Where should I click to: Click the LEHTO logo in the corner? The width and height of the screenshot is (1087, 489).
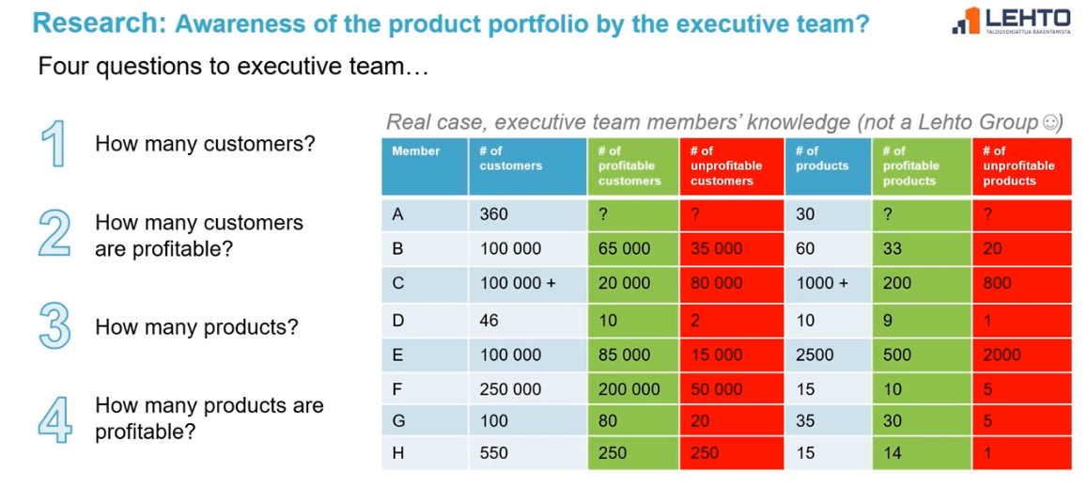click(1012, 20)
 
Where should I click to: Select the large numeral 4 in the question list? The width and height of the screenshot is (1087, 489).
click(54, 418)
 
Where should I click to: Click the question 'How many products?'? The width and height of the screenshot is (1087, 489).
click(196, 327)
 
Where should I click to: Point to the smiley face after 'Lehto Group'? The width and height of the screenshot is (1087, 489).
click(1052, 122)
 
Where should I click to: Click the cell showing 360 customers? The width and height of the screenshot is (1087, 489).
click(527, 214)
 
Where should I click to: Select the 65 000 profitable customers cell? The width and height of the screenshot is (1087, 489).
click(633, 248)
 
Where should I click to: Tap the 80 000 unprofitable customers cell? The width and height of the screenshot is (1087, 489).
click(731, 283)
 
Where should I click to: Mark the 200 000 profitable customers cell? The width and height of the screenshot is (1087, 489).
click(633, 389)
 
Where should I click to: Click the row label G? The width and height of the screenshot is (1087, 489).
click(425, 421)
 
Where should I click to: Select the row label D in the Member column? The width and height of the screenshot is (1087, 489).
click(425, 320)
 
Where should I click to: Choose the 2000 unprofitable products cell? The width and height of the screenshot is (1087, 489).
click(1021, 355)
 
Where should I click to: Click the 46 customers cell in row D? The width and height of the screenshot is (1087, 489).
click(527, 320)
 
